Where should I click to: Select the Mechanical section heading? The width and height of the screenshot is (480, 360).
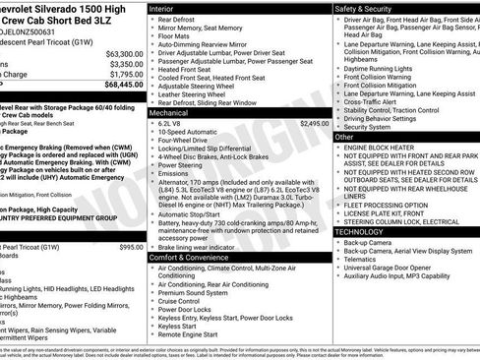174,114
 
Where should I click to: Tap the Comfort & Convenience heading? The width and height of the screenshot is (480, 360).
196,257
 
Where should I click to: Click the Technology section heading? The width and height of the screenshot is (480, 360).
365,231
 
